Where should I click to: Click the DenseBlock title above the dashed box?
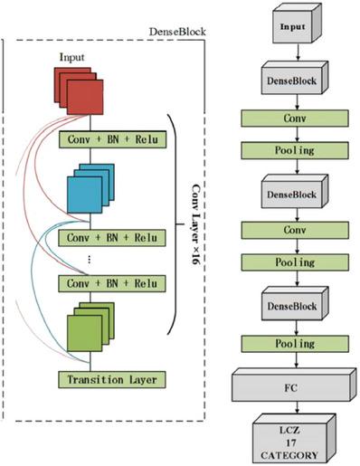(x=177, y=32)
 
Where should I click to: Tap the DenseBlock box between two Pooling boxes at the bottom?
(x=292, y=306)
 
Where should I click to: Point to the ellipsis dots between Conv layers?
(x=89, y=260)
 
